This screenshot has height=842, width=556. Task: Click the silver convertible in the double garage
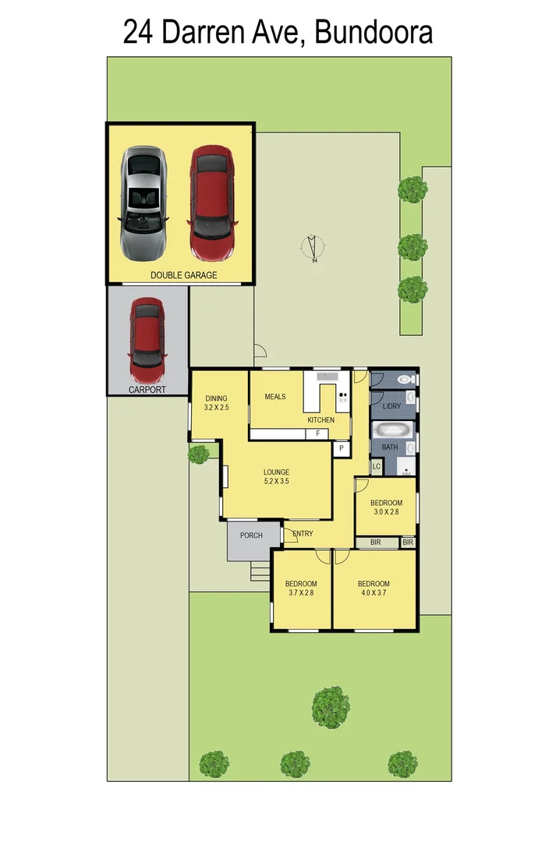coord(143,203)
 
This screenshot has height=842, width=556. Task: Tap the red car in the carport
coord(147,335)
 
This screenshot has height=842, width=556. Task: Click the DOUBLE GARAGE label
coord(184,275)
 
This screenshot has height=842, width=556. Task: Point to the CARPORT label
coord(147,389)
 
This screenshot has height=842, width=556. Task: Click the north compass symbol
coord(313,248)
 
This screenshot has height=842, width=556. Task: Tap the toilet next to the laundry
coord(405,379)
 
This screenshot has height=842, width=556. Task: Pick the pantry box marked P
coord(341,448)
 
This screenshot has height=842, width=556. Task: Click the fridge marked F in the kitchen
coord(317,433)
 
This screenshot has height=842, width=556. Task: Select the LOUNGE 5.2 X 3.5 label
coord(277,476)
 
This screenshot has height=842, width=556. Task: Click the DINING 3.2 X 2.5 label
coord(216,402)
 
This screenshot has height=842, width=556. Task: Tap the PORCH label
coord(250,536)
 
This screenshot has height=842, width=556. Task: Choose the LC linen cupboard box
coord(376,466)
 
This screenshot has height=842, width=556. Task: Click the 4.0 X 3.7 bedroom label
coord(374,589)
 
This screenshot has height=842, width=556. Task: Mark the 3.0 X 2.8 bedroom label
coord(386,507)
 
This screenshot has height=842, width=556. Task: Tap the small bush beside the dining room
coord(199,453)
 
